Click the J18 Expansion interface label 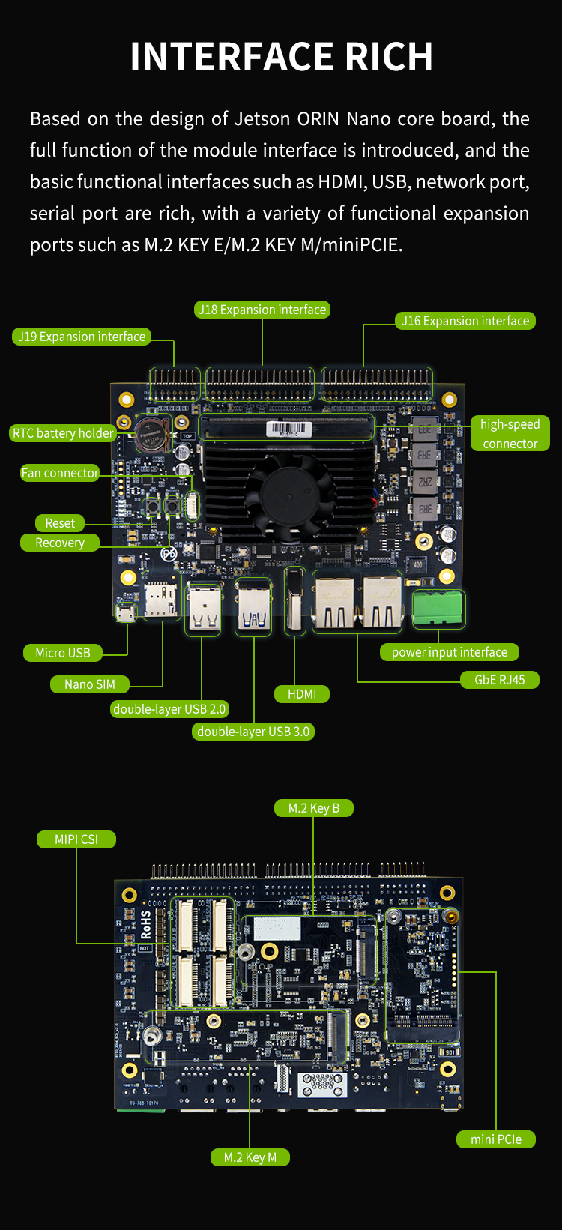coord(262,310)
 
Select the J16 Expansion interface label coord(465,321)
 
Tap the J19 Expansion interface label coord(82,337)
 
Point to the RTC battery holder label coord(63,433)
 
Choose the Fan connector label coord(60,473)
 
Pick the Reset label coord(60,523)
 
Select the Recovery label coord(60,543)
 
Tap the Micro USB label coord(63,653)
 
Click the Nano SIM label coord(90,684)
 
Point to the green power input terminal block coord(438,607)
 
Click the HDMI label coord(302,694)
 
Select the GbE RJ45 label coord(500,680)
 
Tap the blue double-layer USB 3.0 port coord(253,607)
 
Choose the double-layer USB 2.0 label coord(169,709)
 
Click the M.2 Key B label coord(314,808)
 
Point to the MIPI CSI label coord(76,839)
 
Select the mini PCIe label coord(496,1139)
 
